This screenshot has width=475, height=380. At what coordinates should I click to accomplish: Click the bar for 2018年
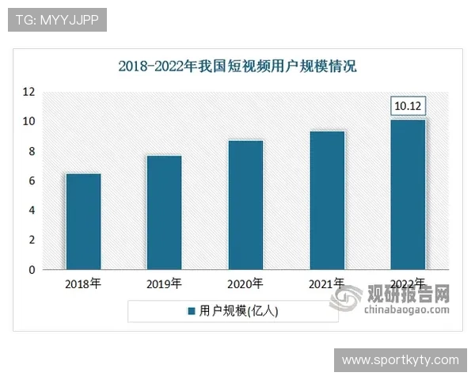point(83,222)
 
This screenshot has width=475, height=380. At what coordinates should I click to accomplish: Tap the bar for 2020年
point(245,205)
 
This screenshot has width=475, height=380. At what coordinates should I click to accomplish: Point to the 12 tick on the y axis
point(28,92)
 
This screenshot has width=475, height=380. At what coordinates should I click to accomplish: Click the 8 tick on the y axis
point(32,151)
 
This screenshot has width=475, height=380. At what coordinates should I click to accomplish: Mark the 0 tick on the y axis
point(32,270)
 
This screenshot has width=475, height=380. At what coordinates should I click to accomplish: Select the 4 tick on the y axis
point(32,211)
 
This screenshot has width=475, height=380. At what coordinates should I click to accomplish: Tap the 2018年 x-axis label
point(83,283)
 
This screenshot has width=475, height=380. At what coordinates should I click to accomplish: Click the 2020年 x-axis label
point(245,283)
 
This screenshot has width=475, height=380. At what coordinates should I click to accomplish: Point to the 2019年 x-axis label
point(164,283)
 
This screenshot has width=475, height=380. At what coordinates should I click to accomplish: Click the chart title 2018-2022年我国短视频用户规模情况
point(237,66)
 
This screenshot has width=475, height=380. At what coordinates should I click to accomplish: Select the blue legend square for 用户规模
point(191,312)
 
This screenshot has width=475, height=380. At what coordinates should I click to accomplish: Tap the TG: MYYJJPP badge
point(57,20)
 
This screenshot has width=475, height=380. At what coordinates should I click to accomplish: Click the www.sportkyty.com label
point(400,360)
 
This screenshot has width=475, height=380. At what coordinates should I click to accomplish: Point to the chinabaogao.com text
point(406,310)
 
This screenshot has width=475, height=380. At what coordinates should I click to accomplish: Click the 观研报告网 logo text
point(408,294)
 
